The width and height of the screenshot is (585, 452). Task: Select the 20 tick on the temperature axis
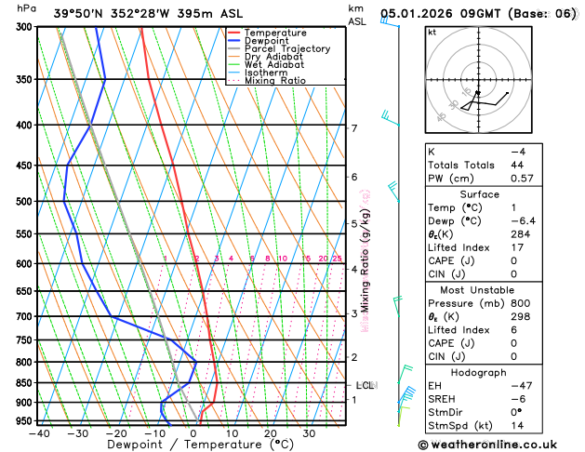pos(270,432)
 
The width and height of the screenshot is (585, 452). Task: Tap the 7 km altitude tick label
pos(354,128)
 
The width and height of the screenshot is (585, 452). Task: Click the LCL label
pos(365,384)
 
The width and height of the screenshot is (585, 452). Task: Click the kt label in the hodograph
pos(432,32)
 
